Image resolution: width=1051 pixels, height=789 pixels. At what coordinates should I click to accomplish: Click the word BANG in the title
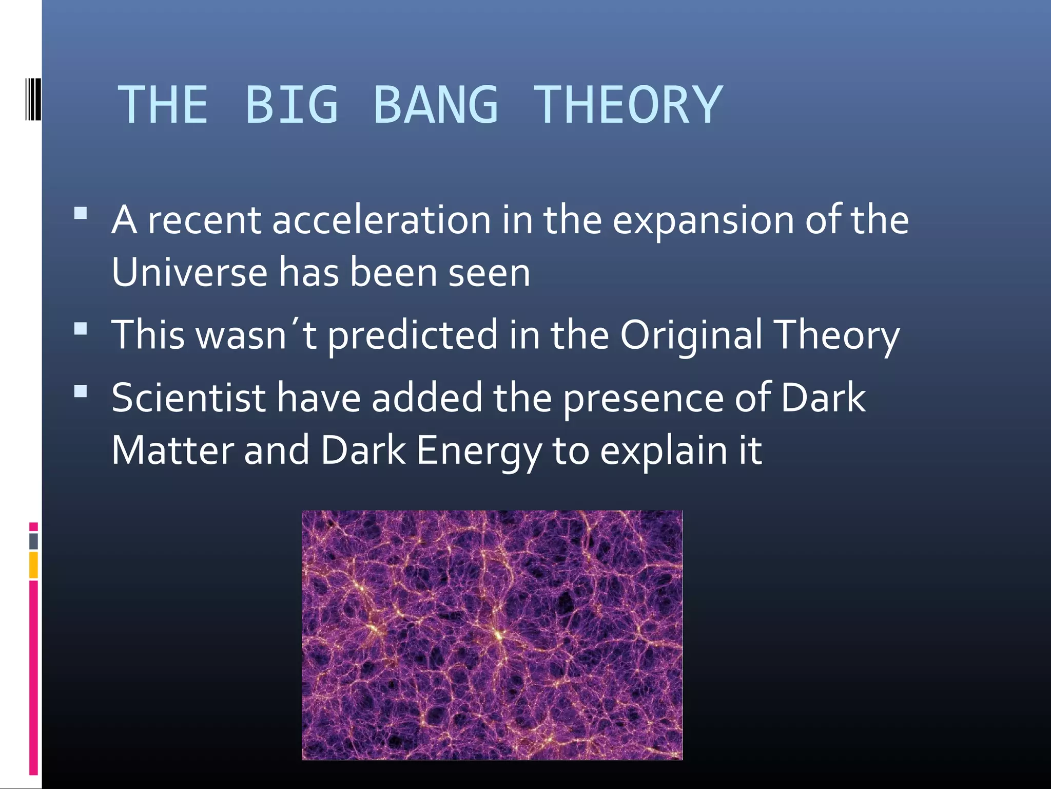coord(436,105)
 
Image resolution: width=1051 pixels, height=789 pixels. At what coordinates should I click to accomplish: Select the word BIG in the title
coord(291,105)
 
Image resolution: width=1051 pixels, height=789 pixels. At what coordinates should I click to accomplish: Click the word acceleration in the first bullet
coord(381,220)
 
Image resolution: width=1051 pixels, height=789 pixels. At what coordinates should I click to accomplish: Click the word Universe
coord(189,272)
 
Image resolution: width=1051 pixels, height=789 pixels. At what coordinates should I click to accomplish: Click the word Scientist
coord(188,398)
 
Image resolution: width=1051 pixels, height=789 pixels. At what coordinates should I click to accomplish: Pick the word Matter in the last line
coord(172,450)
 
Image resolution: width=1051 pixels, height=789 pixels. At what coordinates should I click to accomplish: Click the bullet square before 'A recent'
coord(81,213)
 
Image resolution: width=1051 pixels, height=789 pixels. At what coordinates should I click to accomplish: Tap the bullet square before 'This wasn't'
coord(81,329)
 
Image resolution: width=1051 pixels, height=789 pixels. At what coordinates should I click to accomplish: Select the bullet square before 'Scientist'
coord(81,392)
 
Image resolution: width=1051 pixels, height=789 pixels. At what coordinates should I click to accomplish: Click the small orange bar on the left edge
coord(33,565)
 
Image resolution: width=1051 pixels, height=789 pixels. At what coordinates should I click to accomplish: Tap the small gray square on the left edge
coord(33,541)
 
